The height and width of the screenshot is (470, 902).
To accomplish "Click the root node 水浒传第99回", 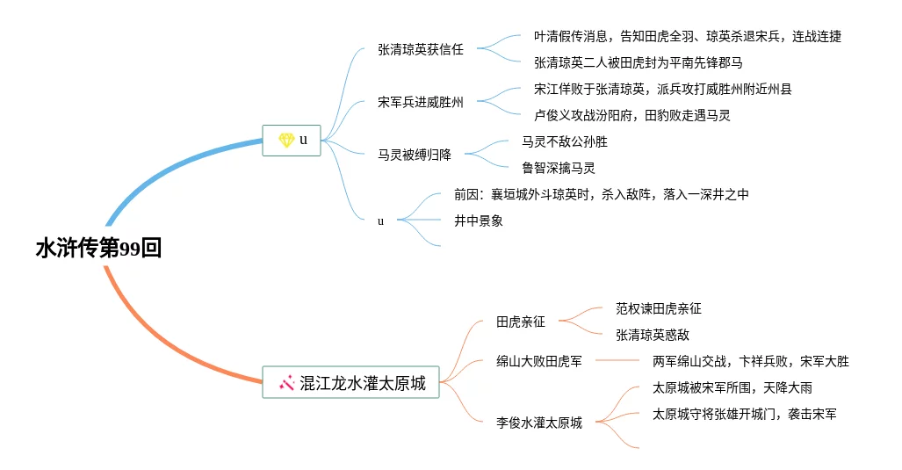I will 98,249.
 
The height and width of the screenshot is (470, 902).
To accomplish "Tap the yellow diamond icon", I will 285,140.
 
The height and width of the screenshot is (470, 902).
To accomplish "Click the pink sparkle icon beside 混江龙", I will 286,382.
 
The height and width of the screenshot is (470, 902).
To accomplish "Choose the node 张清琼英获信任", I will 420,49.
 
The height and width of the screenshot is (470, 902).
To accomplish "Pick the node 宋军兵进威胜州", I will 420,102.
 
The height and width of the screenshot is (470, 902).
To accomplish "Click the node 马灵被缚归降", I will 414,155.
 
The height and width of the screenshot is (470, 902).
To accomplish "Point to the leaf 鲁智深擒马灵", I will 558,168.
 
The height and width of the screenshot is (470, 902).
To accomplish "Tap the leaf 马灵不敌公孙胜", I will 564,141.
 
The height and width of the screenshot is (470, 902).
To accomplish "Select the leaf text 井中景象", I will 478,221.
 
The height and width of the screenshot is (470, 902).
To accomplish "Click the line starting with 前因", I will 601,194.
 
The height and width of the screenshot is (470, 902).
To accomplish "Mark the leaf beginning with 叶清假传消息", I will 687,36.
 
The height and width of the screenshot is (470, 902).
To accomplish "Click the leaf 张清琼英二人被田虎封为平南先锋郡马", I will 638,62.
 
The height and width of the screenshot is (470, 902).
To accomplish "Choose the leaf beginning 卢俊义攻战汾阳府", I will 631,115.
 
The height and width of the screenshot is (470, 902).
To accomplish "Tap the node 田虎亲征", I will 520,322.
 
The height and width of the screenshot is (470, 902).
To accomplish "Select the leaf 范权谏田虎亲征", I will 658,308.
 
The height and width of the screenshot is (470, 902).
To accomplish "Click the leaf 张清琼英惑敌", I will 652,335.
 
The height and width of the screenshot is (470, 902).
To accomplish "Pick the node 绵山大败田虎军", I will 538,361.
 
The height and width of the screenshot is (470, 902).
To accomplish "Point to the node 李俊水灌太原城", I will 538,423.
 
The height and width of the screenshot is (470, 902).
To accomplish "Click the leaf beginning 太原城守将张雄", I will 744,414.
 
